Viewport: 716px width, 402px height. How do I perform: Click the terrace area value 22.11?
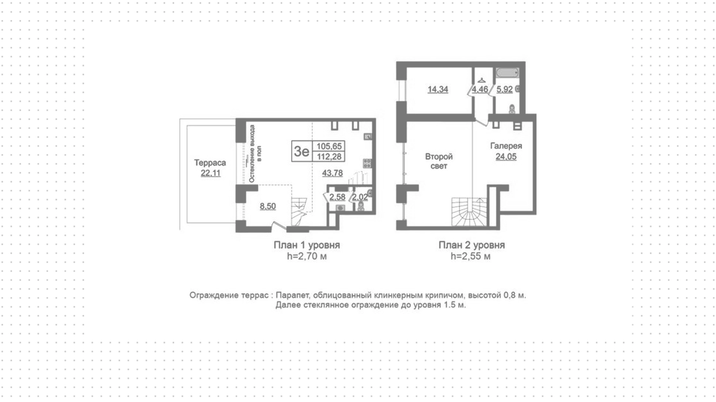tap(211, 173)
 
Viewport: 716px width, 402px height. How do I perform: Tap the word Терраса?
tap(210, 163)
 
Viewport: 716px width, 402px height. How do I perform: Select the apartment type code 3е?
tap(302, 151)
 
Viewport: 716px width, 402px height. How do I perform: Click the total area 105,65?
tap(329, 146)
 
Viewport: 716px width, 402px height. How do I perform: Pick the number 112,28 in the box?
tap(329, 157)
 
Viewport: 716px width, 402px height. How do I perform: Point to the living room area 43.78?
tap(332, 173)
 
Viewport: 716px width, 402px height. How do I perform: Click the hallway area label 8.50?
tap(268, 206)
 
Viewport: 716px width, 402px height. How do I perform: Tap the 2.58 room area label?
tap(337, 197)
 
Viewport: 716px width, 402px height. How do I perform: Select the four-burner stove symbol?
tap(367, 163)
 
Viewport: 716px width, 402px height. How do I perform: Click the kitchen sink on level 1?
tap(368, 136)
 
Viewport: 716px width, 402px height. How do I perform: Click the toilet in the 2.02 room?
tap(361, 206)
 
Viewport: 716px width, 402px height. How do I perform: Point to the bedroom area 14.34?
tap(438, 89)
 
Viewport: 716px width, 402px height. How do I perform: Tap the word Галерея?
tap(506, 146)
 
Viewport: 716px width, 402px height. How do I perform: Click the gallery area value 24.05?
tap(506, 157)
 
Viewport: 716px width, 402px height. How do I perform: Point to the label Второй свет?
tap(439, 161)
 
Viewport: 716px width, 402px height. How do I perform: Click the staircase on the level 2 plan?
tap(470, 212)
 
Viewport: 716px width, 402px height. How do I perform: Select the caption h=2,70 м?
tap(307, 256)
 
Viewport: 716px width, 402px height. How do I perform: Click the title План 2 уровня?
tap(471, 245)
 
